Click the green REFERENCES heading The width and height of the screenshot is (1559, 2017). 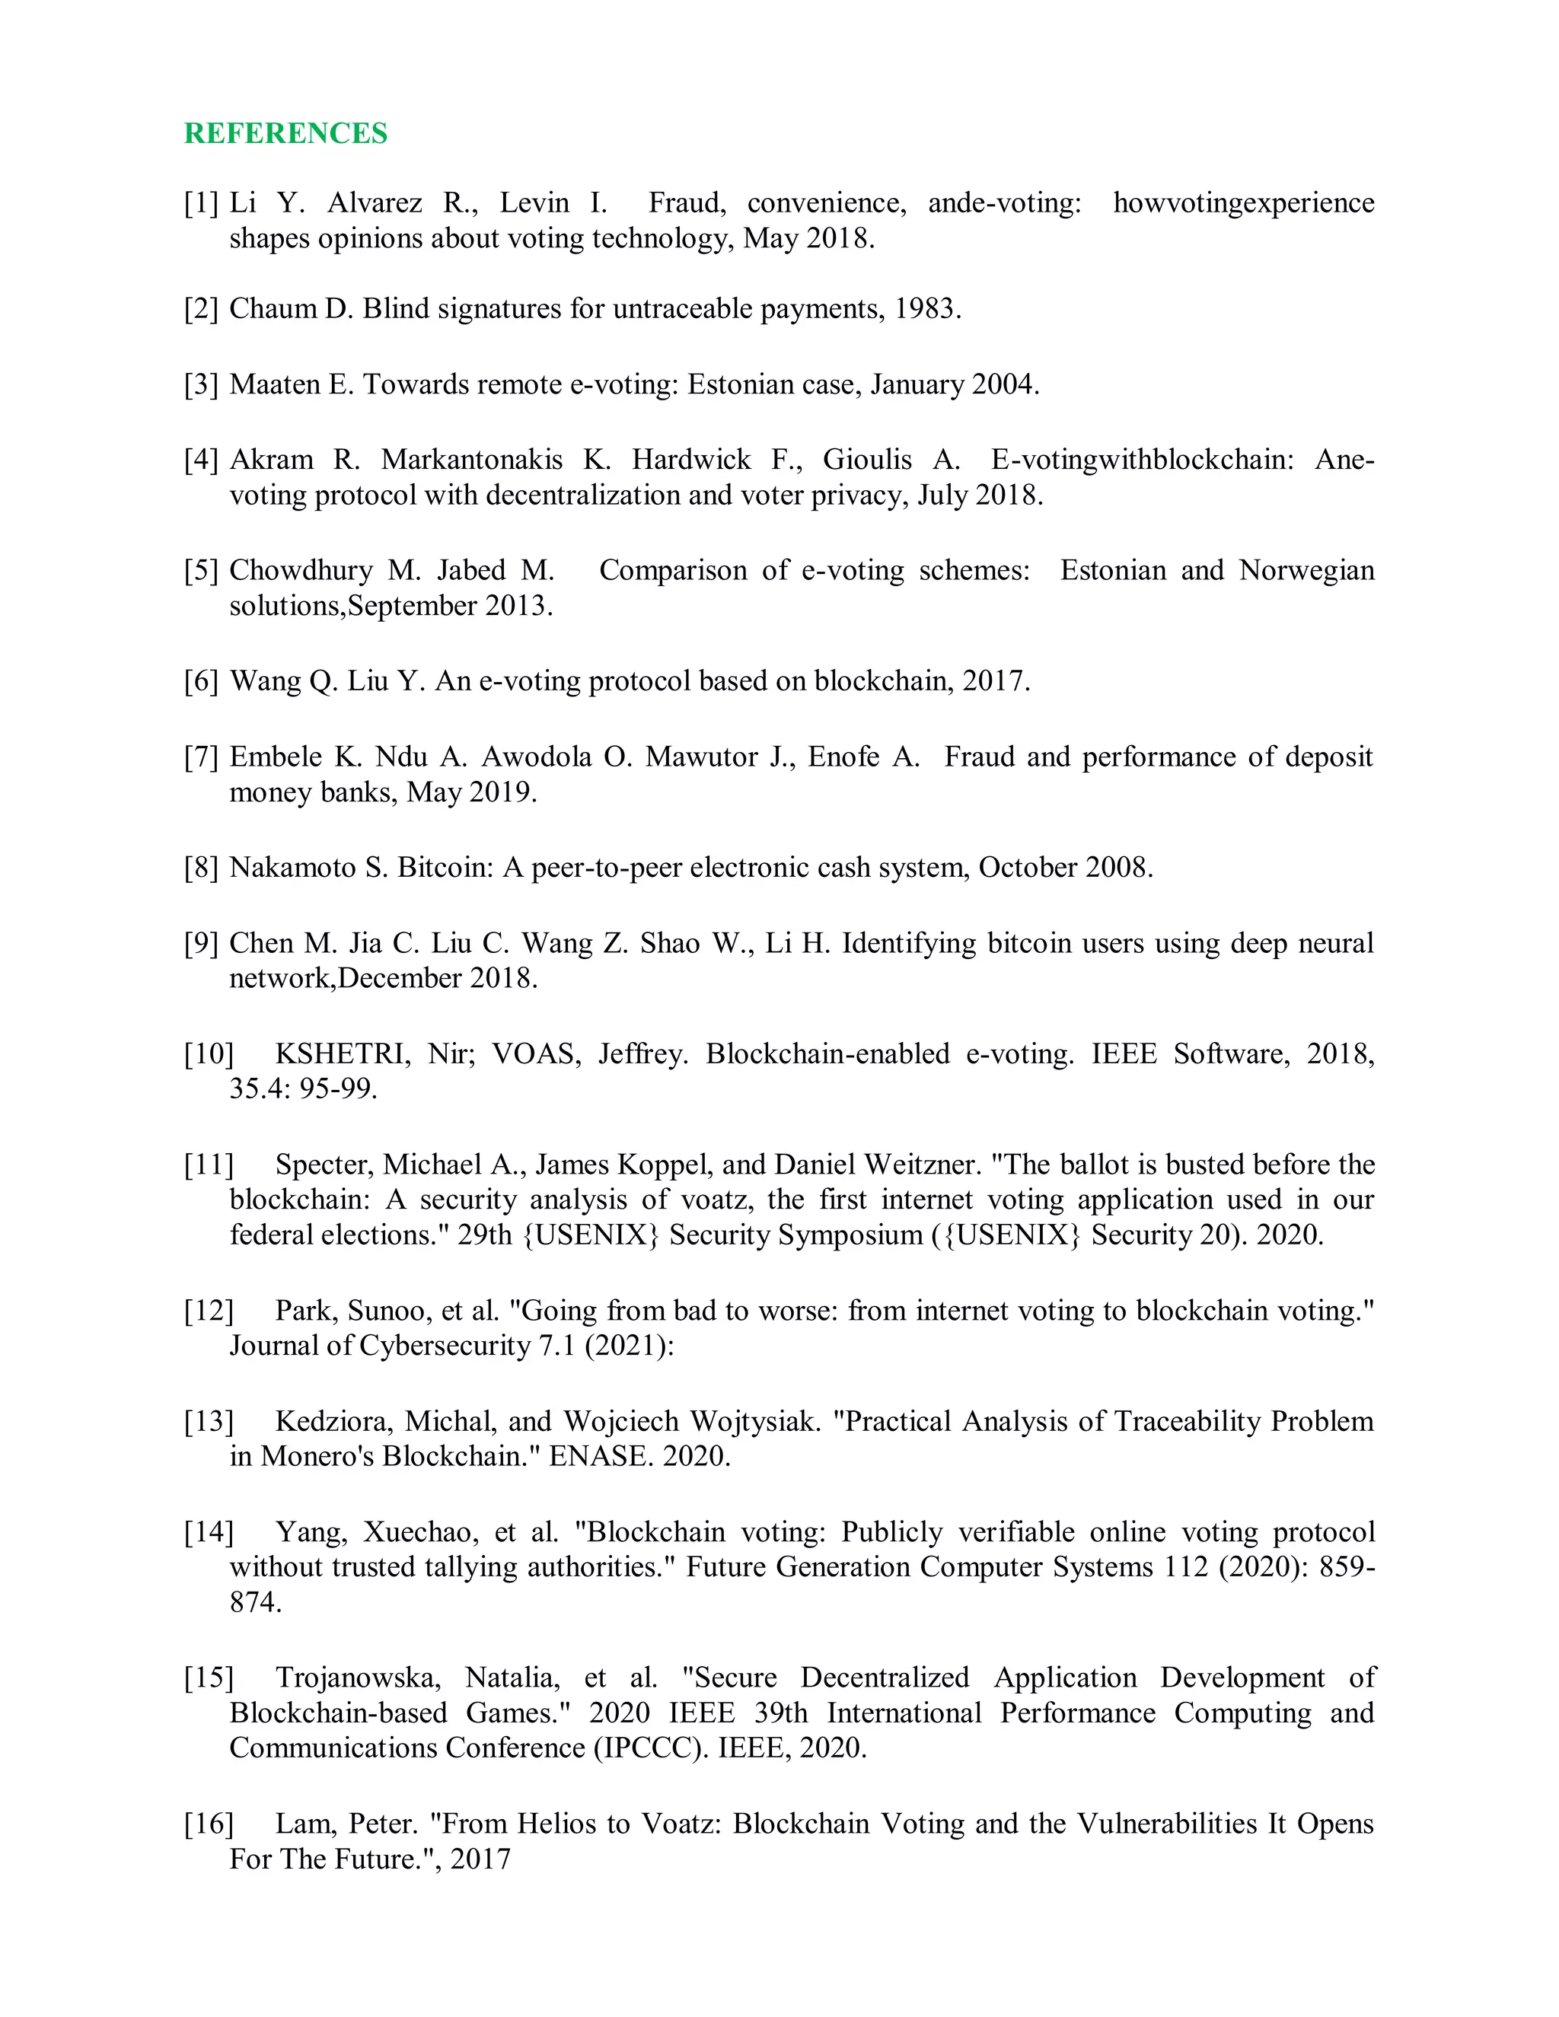tap(285, 133)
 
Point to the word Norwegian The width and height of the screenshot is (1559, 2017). tap(1306, 570)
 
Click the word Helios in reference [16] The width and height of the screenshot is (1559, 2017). tap(557, 1824)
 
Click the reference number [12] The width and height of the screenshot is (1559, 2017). tap(209, 1311)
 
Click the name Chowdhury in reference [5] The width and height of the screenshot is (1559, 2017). tap(300, 570)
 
